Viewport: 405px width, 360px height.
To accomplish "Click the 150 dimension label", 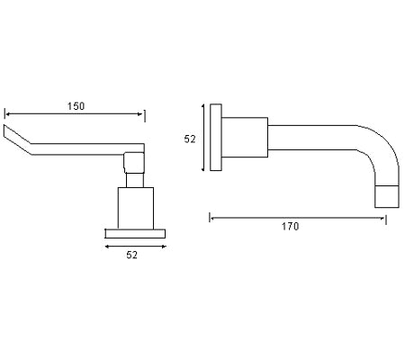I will coord(76,106).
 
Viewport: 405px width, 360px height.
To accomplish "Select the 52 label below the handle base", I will coord(131,256).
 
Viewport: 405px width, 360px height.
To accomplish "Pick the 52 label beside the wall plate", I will coord(190,139).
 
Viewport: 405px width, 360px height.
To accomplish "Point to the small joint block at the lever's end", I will coord(134,162).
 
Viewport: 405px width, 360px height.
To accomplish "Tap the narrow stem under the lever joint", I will coord(134,180).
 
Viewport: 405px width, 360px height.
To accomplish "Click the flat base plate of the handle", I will coord(135,230).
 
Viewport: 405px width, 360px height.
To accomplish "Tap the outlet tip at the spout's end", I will coord(386,196).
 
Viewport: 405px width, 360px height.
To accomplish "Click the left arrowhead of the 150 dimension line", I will coord(8,114).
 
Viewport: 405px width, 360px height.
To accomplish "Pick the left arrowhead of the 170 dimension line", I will coord(212,216).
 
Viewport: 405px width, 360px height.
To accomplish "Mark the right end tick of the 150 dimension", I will coord(144,114).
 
